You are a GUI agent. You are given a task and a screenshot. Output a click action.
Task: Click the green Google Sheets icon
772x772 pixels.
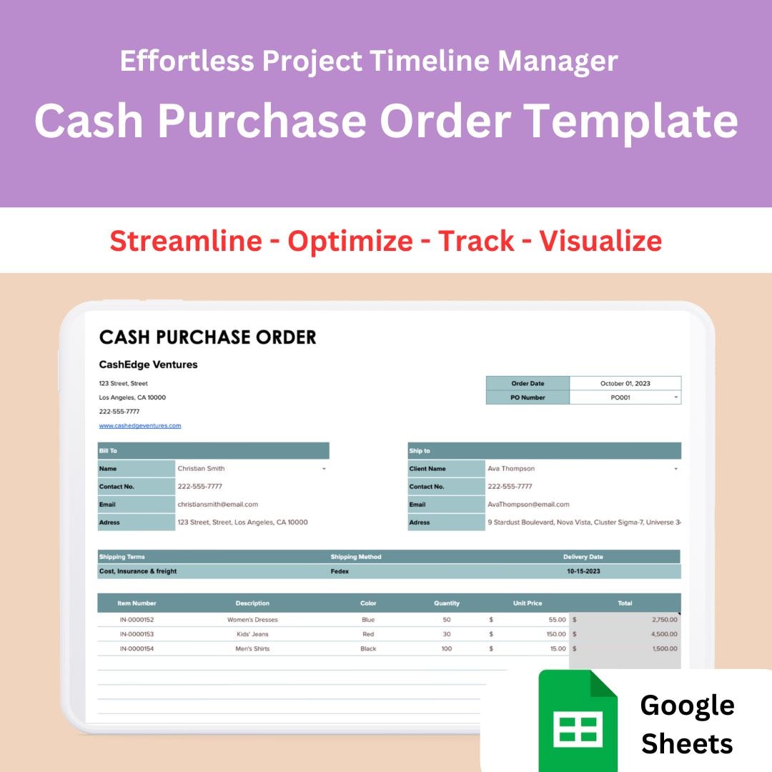click(x=578, y=718)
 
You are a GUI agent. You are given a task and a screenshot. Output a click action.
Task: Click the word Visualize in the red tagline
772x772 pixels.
click(x=600, y=241)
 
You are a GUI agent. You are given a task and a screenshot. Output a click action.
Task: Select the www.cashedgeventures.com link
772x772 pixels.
click(x=140, y=426)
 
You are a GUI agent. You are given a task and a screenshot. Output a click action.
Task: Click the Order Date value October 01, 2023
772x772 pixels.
click(x=625, y=384)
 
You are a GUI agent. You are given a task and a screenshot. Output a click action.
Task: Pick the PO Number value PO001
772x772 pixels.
click(x=620, y=398)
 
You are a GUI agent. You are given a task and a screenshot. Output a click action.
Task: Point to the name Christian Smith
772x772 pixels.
click(x=202, y=469)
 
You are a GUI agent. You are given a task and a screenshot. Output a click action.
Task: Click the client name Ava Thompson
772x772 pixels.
click(x=511, y=469)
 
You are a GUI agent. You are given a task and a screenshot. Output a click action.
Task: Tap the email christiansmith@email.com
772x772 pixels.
click(x=218, y=505)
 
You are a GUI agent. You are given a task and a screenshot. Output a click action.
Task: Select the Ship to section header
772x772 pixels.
click(x=420, y=451)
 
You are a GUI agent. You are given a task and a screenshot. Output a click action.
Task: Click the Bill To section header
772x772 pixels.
click(x=109, y=451)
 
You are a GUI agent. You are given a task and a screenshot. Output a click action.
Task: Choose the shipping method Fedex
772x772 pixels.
click(x=340, y=572)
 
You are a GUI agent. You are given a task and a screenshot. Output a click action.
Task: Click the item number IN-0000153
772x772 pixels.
click(x=137, y=635)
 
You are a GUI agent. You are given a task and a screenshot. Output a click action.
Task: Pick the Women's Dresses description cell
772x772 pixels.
click(x=252, y=620)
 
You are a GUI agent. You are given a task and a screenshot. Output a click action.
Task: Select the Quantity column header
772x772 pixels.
click(x=447, y=603)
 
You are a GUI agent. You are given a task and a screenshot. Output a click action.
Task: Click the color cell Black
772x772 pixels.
click(x=368, y=649)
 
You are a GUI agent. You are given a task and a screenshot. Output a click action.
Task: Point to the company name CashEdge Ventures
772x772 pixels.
click(x=149, y=365)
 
